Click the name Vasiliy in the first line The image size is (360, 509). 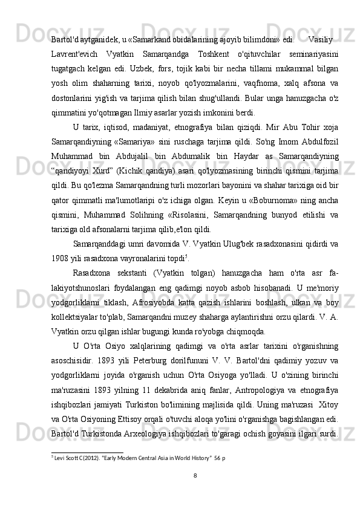(321, 40)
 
